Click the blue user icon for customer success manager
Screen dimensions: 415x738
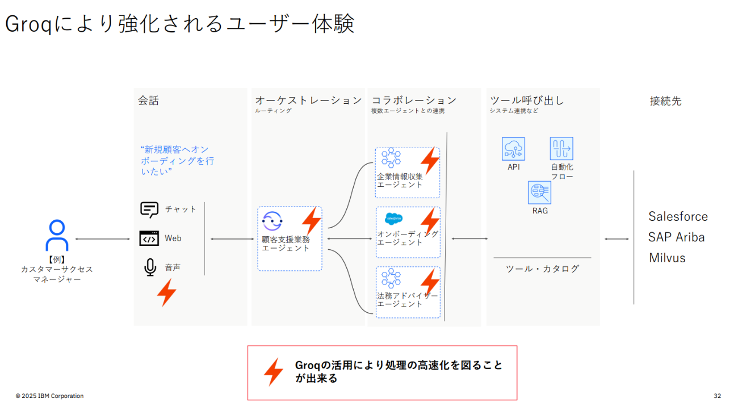click(x=57, y=236)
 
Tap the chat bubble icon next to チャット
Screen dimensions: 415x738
click(x=149, y=209)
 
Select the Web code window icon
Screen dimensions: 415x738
click(x=149, y=238)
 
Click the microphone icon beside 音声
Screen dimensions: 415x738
click(x=150, y=267)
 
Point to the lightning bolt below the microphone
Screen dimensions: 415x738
click(x=166, y=292)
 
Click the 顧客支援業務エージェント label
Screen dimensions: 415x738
click(x=286, y=244)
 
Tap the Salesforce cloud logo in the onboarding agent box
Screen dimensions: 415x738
click(x=393, y=219)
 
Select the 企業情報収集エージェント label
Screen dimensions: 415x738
click(x=400, y=181)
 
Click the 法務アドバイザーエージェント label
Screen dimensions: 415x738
click(x=408, y=300)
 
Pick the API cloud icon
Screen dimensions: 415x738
click(x=513, y=149)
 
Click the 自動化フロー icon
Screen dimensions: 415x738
click(x=561, y=149)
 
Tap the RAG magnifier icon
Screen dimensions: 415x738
click(x=540, y=193)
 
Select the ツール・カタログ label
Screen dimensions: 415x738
click(x=542, y=269)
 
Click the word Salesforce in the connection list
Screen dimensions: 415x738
click(x=678, y=216)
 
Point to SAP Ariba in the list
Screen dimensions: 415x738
click(x=676, y=237)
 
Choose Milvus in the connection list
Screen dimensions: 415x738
click(x=667, y=258)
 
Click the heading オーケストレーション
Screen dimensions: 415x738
click(x=308, y=100)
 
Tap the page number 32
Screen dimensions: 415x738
click(x=718, y=396)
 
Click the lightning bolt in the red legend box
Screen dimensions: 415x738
click(x=273, y=372)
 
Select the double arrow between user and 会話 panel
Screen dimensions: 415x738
click(x=103, y=239)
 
